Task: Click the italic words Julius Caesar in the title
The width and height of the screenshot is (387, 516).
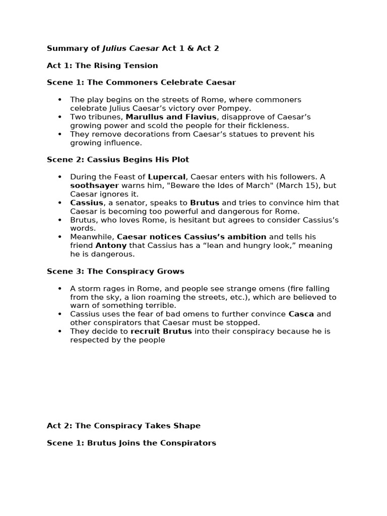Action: click(131, 49)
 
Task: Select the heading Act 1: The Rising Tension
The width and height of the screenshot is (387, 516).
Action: click(102, 66)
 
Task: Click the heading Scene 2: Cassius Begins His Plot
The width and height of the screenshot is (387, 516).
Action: click(118, 160)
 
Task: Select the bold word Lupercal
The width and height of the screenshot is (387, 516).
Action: click(167, 177)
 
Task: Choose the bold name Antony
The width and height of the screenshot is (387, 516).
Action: click(111, 245)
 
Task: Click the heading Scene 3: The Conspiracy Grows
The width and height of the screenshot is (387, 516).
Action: click(115, 271)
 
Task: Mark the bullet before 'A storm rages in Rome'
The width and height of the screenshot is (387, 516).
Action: click(60, 289)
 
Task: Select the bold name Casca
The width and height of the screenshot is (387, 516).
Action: click(301, 314)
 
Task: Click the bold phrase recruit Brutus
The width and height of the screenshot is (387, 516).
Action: click(161, 332)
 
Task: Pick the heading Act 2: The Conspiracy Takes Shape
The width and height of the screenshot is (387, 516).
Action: click(123, 426)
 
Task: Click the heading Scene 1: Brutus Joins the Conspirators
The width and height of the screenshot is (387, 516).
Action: click(132, 443)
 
